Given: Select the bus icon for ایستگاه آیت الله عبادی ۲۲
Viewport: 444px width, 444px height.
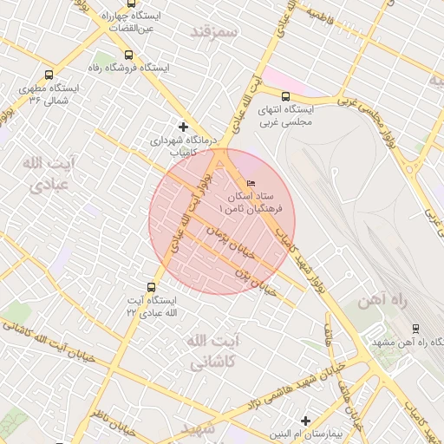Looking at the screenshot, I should (152, 286).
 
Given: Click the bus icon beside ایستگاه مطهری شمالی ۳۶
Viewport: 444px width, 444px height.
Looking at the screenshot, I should (48, 75).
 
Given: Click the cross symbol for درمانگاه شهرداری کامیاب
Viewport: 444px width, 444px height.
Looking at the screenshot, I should (182, 127).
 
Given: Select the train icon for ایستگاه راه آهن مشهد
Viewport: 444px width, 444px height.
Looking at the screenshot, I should (415, 329).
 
